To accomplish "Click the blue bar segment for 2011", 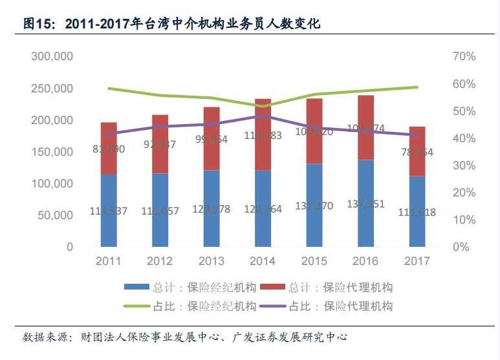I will point(109,210).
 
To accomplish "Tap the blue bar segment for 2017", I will point(417,211).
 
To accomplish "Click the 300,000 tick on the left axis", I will point(52,57).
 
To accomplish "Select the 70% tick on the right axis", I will point(464,57).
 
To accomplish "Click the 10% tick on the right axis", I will point(464,220).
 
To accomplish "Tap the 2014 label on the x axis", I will point(263,261).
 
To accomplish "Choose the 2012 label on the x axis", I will point(160,261).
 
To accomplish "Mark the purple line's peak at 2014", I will point(263,116).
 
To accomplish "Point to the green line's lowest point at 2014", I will point(263,106).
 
